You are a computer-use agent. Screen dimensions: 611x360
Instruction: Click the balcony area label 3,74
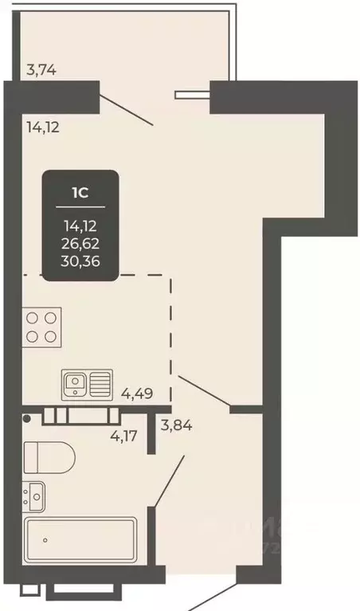click(41, 69)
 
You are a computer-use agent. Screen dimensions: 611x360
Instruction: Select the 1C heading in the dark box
click(80, 192)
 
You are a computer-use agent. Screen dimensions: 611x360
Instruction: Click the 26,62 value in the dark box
click(80, 243)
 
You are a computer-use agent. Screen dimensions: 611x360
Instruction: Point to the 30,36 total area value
click(80, 259)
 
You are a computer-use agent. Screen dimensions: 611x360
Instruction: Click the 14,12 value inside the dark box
click(80, 227)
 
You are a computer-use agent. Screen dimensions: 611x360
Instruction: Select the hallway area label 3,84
click(177, 425)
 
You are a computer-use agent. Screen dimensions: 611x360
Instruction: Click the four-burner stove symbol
click(41, 326)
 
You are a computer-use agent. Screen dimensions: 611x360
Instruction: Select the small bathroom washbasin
click(34, 497)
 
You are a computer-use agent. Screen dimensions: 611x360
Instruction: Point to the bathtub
click(80, 541)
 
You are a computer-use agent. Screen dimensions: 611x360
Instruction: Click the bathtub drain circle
click(45, 540)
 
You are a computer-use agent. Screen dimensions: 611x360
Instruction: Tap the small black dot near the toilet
click(26, 417)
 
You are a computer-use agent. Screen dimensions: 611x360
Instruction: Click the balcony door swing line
click(126, 110)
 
